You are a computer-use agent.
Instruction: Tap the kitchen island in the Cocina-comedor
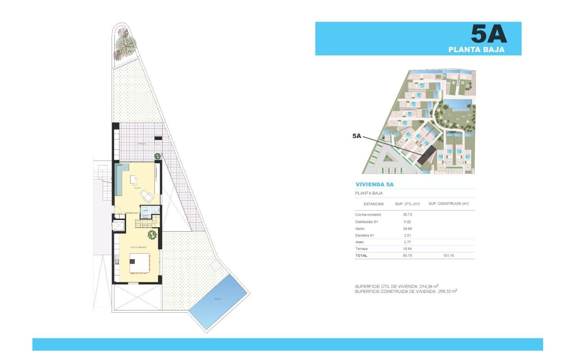pos(139,263)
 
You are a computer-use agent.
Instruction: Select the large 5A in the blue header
pos(489,34)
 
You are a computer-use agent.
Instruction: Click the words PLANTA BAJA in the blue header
pos(476,50)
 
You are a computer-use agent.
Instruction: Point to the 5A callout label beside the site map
pos(356,135)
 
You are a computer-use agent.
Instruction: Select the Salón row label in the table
pos(360,229)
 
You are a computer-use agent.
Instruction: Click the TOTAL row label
pos(361,256)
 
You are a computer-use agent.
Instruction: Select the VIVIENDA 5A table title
pos(374,184)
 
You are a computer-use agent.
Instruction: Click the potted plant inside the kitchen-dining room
pos(152,234)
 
